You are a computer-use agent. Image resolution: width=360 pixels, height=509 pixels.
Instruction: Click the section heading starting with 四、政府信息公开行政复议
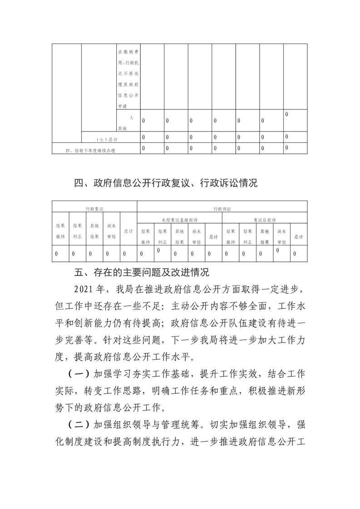click(x=165, y=183)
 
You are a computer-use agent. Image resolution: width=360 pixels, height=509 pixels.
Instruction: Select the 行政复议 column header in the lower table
click(x=94, y=208)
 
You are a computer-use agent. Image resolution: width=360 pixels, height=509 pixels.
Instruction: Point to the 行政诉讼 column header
click(x=222, y=208)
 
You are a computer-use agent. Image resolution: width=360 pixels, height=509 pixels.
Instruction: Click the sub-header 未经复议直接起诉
click(x=179, y=220)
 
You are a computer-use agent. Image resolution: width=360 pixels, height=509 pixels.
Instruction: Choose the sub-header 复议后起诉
click(x=265, y=220)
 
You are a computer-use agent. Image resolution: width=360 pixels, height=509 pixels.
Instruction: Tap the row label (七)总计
click(x=107, y=139)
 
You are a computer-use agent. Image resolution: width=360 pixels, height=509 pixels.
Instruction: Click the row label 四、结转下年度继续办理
click(x=90, y=150)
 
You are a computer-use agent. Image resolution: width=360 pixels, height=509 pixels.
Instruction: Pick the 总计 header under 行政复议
click(x=128, y=231)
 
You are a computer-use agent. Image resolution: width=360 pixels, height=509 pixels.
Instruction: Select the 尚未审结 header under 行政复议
click(x=111, y=231)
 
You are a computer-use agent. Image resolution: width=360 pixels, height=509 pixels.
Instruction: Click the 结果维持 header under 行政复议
click(x=60, y=231)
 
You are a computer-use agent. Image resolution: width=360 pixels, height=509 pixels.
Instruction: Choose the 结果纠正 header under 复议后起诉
click(x=247, y=237)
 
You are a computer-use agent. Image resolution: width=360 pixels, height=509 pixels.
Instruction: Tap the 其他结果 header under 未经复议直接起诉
click(x=179, y=237)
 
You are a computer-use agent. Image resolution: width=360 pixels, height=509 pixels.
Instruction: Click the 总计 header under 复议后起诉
click(x=298, y=237)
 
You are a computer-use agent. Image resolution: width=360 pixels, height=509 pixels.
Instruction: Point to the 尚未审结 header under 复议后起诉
click(x=281, y=237)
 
